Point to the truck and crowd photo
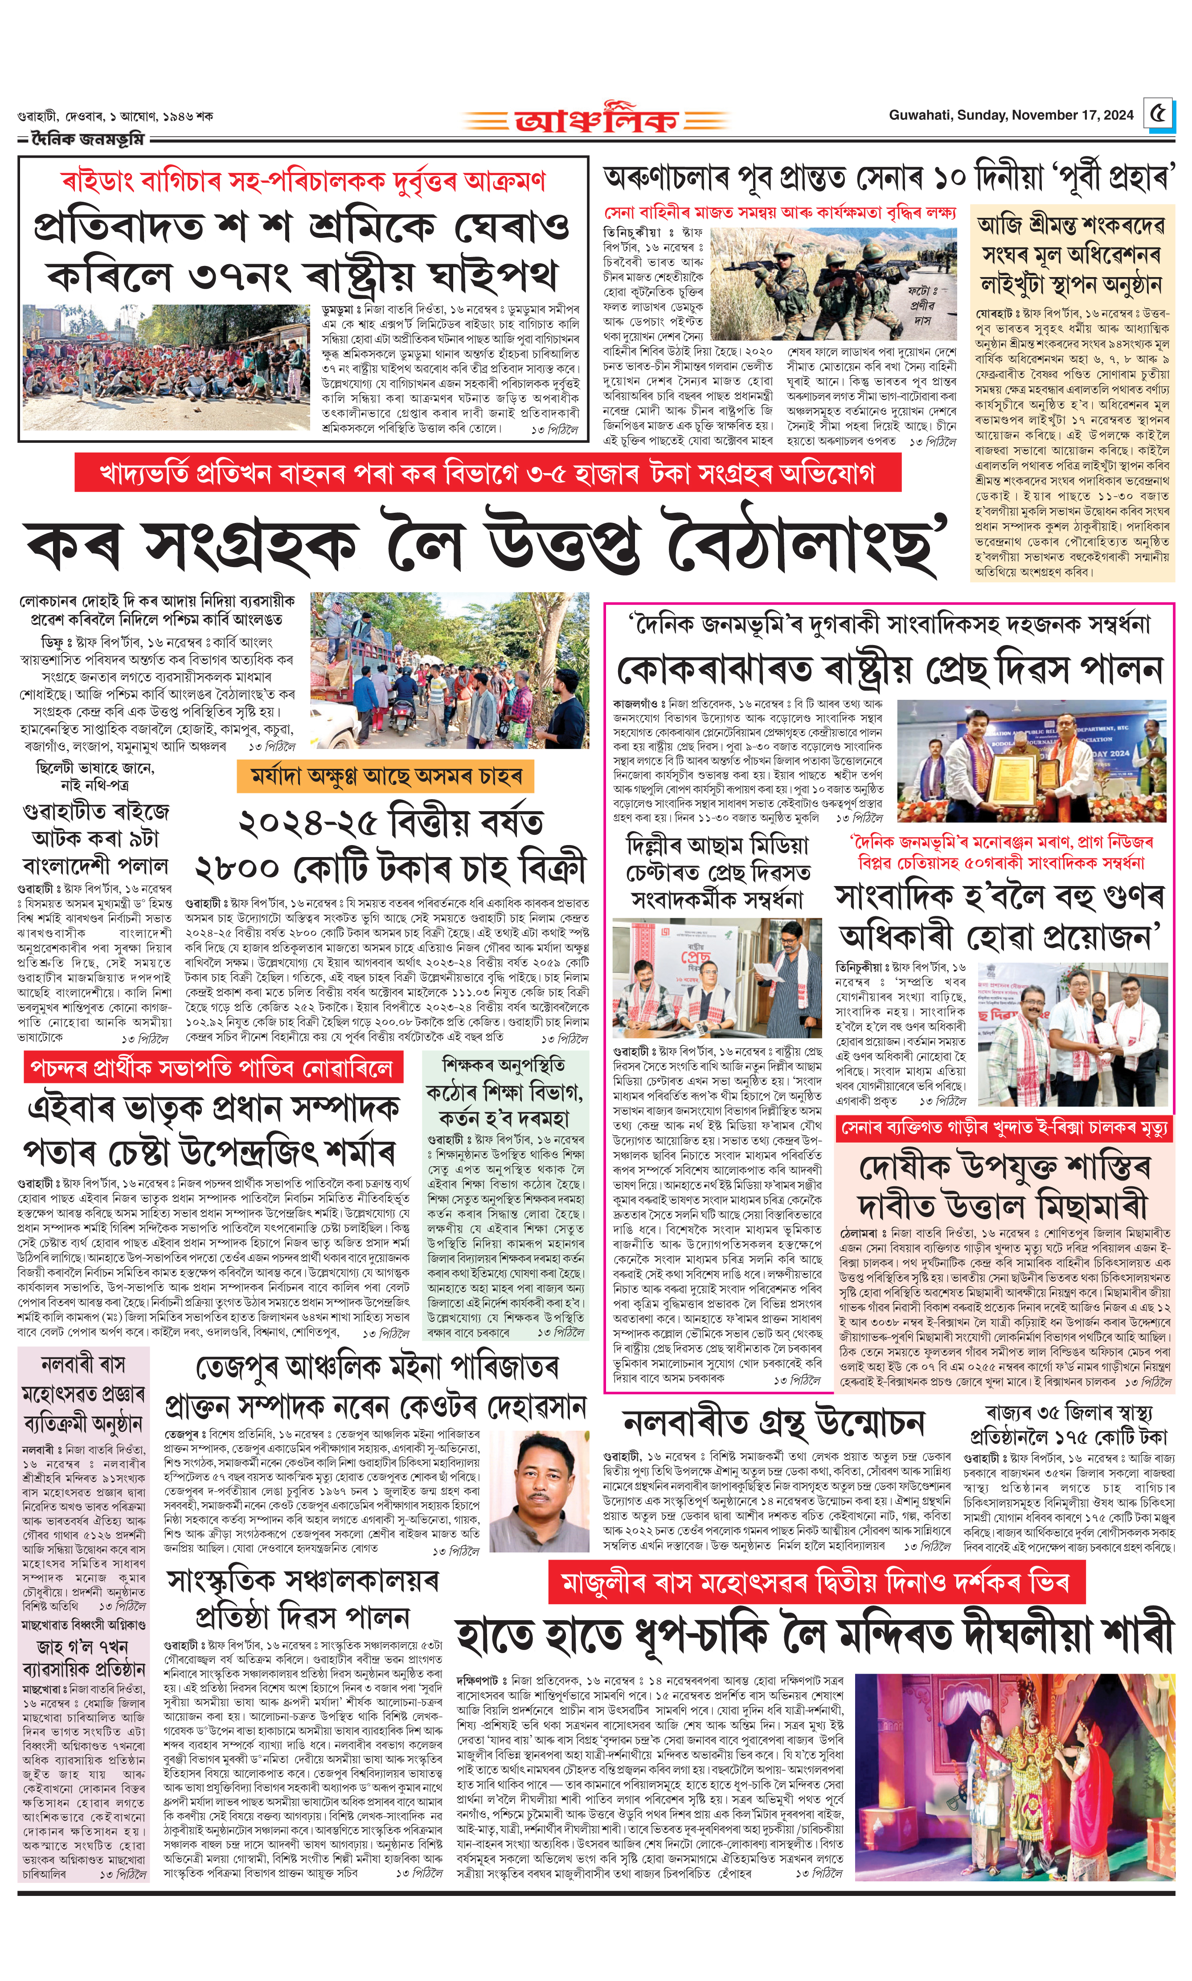pyautogui.click(x=449, y=670)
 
